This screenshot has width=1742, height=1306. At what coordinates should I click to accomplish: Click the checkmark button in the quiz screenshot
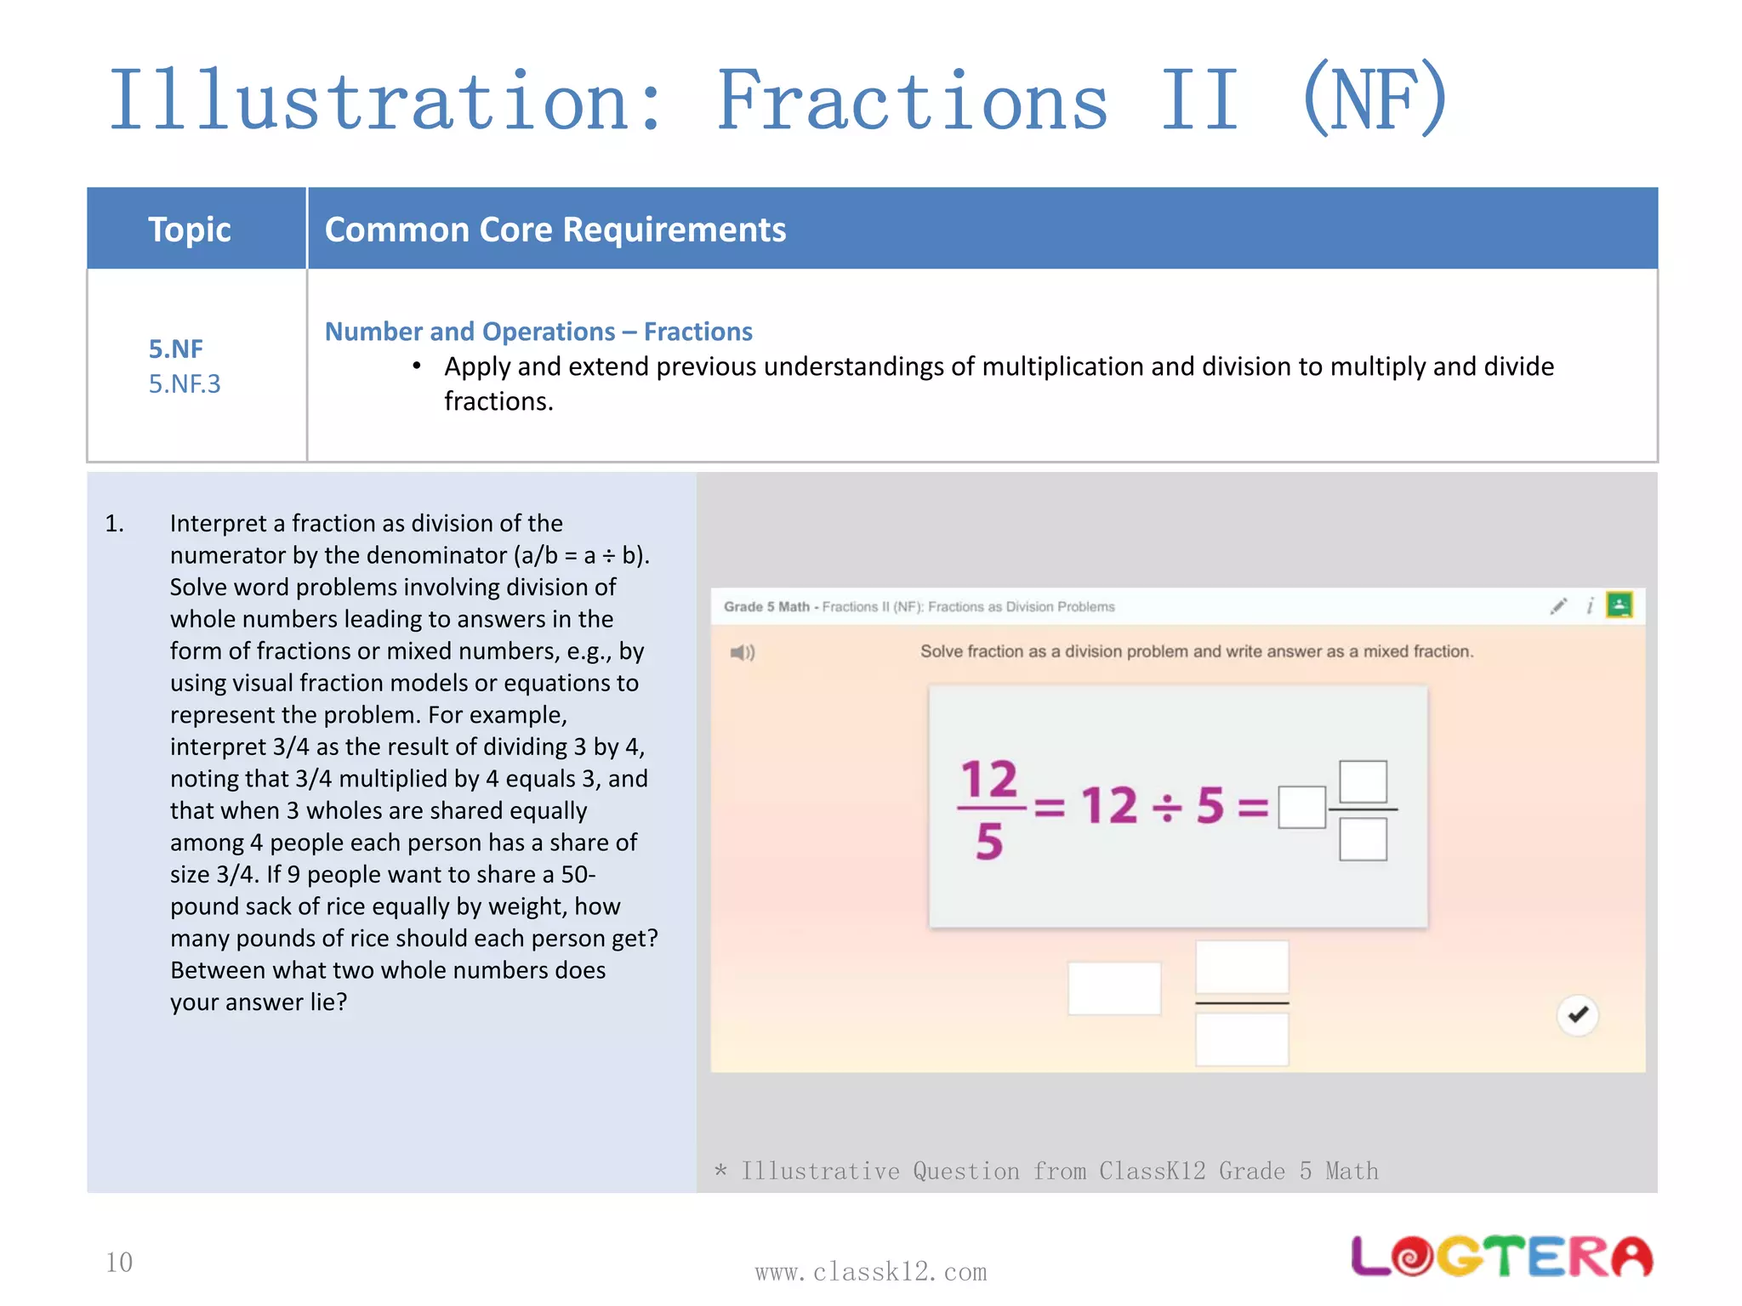[1578, 1014]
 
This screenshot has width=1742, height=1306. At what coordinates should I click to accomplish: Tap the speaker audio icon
[742, 652]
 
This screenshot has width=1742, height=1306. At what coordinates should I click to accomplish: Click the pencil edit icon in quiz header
[1558, 606]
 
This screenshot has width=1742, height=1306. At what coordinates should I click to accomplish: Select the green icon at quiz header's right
[1619, 605]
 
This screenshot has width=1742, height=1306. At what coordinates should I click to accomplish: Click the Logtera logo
[1501, 1257]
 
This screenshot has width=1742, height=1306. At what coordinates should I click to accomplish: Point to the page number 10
[119, 1262]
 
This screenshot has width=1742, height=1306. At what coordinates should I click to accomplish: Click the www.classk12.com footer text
[870, 1272]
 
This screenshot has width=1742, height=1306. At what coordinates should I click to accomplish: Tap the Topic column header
[189, 230]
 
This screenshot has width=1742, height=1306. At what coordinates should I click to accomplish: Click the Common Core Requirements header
[555, 230]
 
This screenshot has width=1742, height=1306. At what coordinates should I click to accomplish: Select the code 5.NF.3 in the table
[185, 383]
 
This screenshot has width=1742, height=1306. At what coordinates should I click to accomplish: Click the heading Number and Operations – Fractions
[538, 331]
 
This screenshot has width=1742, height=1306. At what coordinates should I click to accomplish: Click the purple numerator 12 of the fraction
[988, 779]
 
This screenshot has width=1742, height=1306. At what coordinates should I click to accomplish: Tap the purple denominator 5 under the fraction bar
[988, 842]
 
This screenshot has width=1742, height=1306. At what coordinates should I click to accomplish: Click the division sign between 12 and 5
[1166, 806]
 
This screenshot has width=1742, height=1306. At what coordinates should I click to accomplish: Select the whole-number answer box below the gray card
[1113, 988]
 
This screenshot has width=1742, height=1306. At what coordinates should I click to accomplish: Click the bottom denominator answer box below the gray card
[1241, 1040]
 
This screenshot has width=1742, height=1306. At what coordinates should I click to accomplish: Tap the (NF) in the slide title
[1374, 100]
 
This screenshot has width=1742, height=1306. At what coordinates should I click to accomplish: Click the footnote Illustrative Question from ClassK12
[1046, 1171]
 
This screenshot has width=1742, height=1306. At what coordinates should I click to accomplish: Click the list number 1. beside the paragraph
[115, 524]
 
